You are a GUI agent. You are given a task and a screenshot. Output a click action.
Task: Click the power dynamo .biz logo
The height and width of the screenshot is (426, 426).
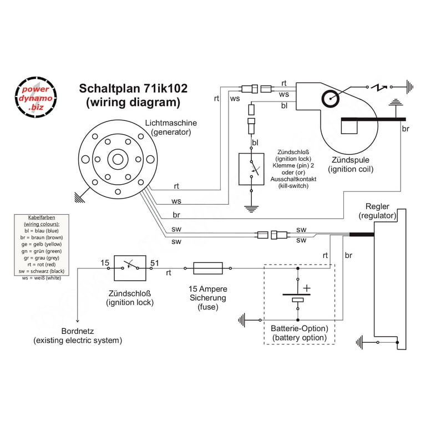coord(35,97)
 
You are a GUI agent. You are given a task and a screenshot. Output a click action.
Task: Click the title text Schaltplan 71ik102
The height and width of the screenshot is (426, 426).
coord(133,88)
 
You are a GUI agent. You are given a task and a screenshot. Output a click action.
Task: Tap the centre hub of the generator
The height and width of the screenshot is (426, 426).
coord(118,160)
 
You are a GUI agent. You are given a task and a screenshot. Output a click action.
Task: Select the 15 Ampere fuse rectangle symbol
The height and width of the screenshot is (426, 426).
coord(208,268)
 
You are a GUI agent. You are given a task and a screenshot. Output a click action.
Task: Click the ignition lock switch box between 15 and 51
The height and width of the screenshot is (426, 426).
coord(130,268)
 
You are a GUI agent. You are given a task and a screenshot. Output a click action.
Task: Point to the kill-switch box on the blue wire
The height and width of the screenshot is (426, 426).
coord(251,169)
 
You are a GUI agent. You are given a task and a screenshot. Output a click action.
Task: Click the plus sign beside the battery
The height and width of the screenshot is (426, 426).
coord(307,288)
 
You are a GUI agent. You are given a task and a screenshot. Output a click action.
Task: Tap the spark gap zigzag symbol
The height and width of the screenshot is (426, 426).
coord(379,87)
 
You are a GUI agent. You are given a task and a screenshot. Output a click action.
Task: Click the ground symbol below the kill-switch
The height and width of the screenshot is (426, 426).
coord(251,209)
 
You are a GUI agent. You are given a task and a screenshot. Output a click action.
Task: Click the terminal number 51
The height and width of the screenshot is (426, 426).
coord(155,263)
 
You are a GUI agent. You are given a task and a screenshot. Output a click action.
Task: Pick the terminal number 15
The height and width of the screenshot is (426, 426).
coord(105,263)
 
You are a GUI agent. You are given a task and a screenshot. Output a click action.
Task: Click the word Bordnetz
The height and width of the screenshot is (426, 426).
coord(78,331)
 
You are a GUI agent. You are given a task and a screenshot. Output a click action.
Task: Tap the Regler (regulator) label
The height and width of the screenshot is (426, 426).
coord(377,211)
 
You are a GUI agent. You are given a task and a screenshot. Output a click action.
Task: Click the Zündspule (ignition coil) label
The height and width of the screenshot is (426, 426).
coord(351,164)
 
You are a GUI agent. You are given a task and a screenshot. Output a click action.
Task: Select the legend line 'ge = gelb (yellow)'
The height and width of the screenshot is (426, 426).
coord(42,244)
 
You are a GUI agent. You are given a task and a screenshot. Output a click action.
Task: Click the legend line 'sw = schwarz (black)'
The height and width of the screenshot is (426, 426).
coord(42,271)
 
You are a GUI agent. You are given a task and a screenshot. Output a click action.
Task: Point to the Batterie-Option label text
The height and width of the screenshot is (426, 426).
coord(300,328)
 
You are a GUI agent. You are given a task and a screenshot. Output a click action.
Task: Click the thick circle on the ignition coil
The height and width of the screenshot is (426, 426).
coord(331,99)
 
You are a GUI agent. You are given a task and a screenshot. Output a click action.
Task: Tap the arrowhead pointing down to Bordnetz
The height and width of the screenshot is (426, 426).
coord(78,321)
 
